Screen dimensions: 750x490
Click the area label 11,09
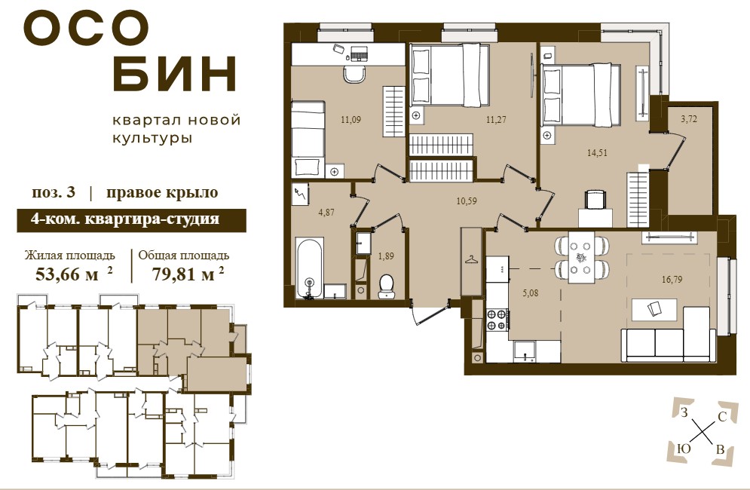tap(351, 120)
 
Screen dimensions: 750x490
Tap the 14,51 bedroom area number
tap(598, 153)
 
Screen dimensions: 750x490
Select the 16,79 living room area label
tap(672, 280)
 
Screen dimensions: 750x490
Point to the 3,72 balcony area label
tap(689, 119)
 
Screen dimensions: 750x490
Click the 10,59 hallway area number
tap(467, 201)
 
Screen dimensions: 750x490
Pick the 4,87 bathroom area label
tap(326, 213)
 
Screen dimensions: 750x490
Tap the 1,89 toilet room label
tap(386, 256)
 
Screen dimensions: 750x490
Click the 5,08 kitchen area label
tap(531, 292)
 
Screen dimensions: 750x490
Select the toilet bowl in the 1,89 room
tap(385, 286)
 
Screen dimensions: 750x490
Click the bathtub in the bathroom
tap(309, 268)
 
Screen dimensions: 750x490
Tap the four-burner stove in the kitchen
tap(497, 320)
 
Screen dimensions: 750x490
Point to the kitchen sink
tap(525, 351)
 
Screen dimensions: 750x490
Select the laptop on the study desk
tap(359, 53)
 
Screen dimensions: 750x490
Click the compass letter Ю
tap(684, 449)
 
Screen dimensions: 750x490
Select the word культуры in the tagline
tap(152, 139)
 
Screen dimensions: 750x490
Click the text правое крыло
tap(162, 192)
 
